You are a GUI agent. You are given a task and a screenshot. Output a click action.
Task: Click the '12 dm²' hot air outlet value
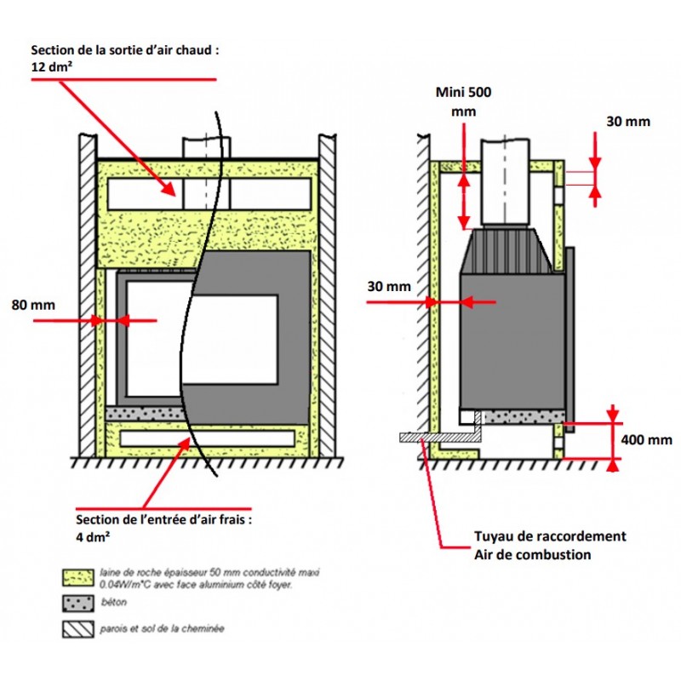[x=54, y=66]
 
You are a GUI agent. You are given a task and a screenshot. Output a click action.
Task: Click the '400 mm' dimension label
[x=648, y=440]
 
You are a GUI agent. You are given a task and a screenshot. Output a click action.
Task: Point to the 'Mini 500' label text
[x=463, y=92]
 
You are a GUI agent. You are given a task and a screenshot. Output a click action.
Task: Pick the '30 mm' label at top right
[x=627, y=121]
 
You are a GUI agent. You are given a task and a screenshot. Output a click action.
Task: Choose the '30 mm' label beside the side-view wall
[x=386, y=286]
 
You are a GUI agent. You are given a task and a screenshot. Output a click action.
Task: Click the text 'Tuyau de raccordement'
[x=550, y=536]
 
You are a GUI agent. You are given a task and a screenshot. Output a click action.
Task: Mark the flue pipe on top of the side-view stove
[x=506, y=183]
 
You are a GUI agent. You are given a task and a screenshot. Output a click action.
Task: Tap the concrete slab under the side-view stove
[x=519, y=416]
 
